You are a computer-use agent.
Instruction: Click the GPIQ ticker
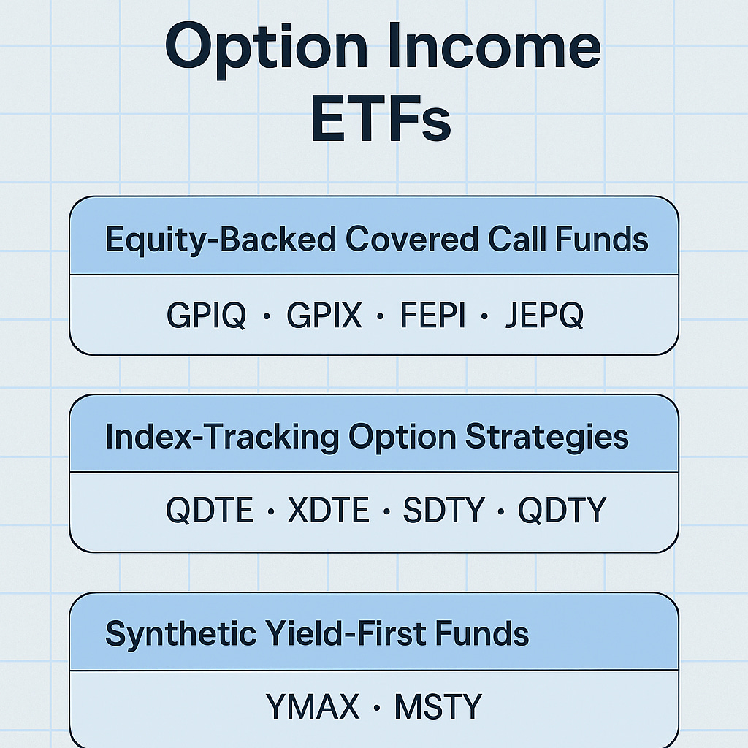coord(206,316)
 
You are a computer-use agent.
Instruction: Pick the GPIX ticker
coord(324,316)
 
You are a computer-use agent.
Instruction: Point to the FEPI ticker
coord(432,316)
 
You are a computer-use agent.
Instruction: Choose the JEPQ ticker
coord(544,316)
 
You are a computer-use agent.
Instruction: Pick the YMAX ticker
coord(313,707)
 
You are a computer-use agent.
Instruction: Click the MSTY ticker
coord(438,707)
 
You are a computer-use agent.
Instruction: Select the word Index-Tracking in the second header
coord(222,437)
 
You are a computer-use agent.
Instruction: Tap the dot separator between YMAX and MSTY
coord(377,708)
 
